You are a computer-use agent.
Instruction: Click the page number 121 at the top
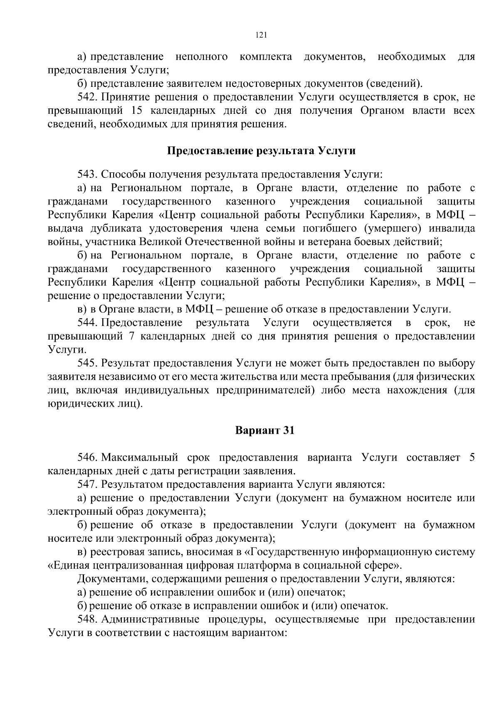click(x=261, y=35)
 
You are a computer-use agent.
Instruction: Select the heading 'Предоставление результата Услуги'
click(x=261, y=151)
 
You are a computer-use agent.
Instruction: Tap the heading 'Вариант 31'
click(x=265, y=430)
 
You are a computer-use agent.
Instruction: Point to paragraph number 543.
click(x=87, y=174)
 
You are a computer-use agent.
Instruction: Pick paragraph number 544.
click(x=87, y=323)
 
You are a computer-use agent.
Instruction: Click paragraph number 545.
click(x=87, y=363)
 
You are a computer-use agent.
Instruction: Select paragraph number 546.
click(x=87, y=457)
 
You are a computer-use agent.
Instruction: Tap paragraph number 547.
click(x=87, y=484)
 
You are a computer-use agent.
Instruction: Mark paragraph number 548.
click(x=87, y=619)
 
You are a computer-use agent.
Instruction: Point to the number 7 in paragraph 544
click(x=131, y=336)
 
